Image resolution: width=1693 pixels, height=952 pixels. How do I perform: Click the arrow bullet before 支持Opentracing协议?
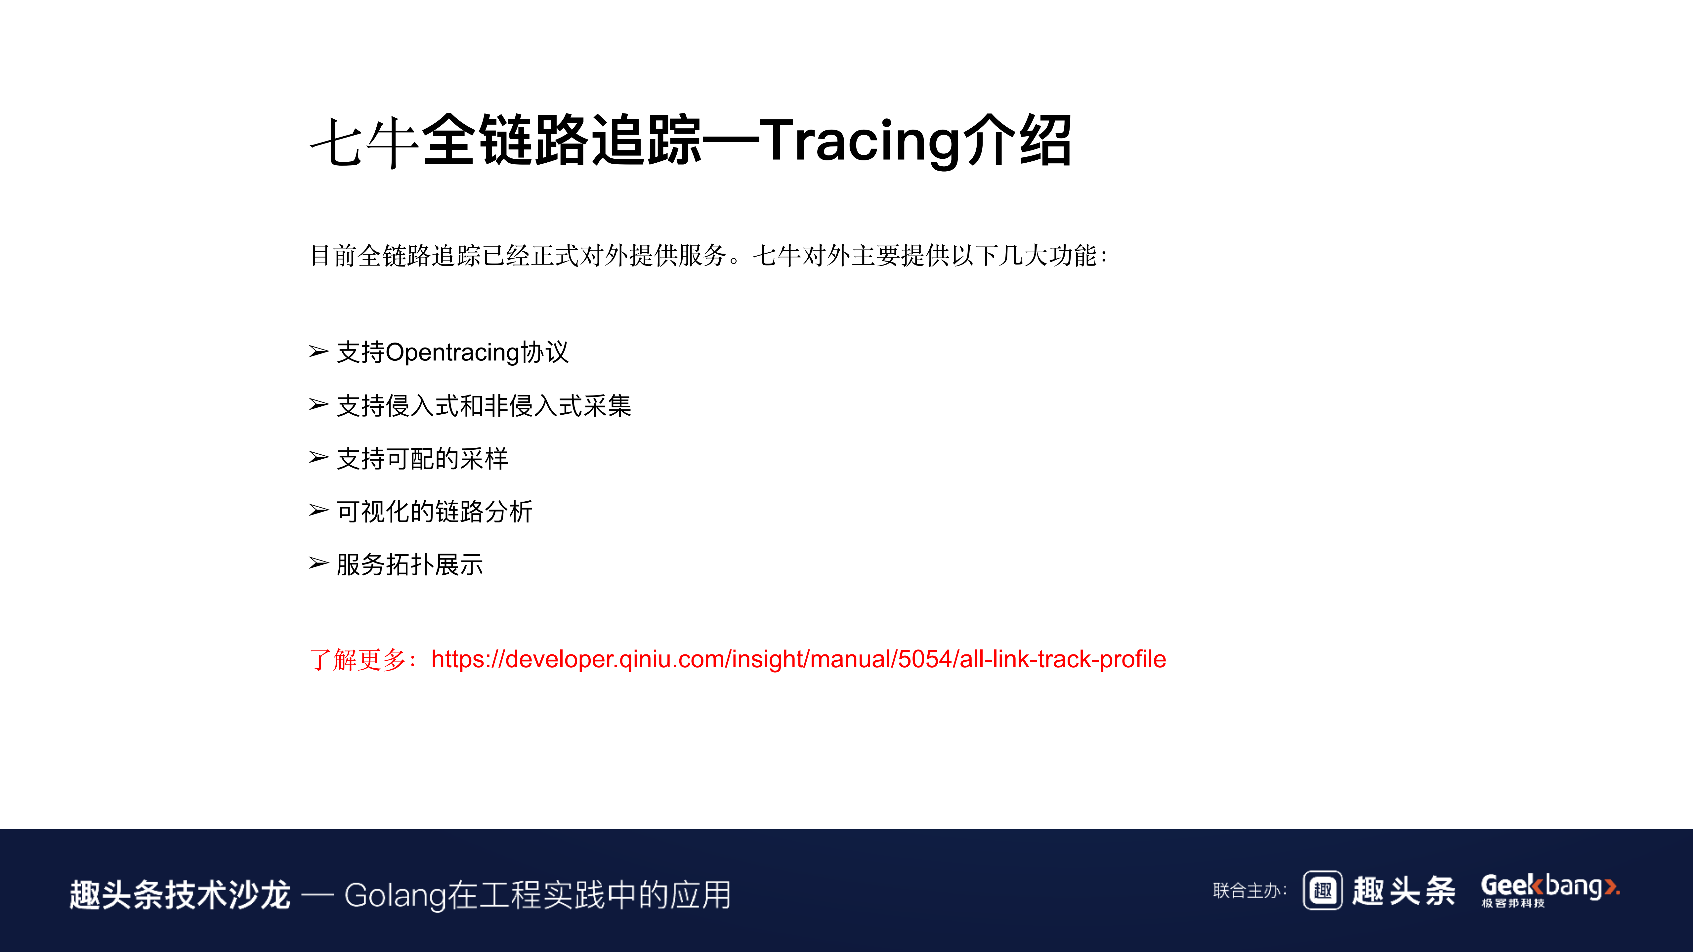pyautogui.click(x=319, y=352)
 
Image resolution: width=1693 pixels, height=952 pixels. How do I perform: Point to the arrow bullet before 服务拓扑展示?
pyautogui.click(x=319, y=564)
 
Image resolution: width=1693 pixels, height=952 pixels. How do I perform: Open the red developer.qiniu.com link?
pyautogui.click(x=798, y=659)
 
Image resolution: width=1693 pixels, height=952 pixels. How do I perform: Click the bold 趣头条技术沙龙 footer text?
pyautogui.click(x=180, y=895)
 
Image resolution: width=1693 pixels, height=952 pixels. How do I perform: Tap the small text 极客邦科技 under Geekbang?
pyautogui.click(x=1513, y=903)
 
